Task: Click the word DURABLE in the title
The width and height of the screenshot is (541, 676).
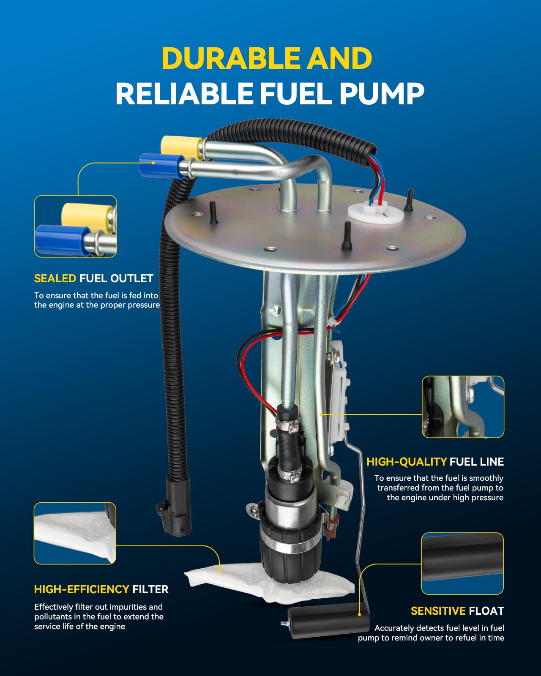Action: click(231, 58)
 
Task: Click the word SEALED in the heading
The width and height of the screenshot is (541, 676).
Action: click(55, 278)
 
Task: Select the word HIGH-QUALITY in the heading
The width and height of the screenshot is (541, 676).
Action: click(406, 462)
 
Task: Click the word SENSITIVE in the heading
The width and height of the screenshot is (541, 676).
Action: click(438, 611)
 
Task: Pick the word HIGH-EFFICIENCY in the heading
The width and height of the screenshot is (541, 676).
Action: click(82, 589)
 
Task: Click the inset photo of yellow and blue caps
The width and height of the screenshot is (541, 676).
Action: click(75, 226)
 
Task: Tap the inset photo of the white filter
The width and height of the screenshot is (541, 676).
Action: click(75, 533)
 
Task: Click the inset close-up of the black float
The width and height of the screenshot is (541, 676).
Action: click(462, 563)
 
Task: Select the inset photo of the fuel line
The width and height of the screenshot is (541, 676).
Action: click(463, 406)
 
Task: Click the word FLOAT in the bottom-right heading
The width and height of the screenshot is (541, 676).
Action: click(486, 611)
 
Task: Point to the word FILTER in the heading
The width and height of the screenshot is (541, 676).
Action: click(150, 589)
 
